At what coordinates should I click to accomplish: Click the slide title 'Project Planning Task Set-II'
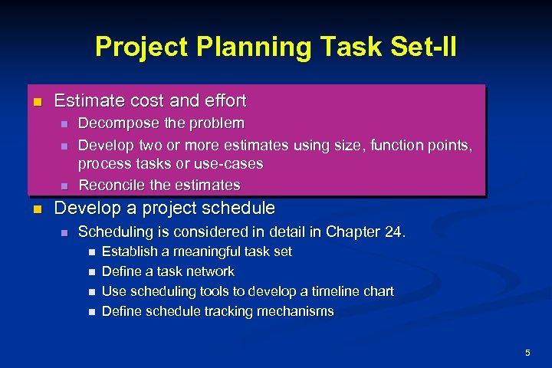275,47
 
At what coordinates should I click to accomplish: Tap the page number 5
527,352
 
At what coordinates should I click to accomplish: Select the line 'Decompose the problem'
162,123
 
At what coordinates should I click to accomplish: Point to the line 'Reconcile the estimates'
159,185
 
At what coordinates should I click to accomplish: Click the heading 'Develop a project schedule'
164,209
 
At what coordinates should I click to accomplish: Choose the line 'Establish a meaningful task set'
196,251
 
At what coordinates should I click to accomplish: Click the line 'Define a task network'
168,271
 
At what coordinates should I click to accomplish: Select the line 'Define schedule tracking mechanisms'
218,311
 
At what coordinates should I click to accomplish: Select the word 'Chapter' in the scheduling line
351,231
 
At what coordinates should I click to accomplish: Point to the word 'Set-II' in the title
426,47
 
